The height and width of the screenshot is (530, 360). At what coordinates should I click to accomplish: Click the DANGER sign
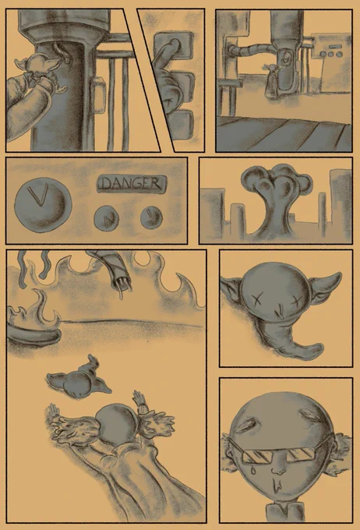click(x=132, y=184)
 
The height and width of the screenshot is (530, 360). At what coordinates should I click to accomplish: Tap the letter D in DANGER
click(x=107, y=184)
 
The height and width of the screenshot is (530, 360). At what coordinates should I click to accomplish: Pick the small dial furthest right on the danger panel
click(x=151, y=217)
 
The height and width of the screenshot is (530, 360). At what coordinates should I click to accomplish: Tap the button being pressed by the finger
click(x=174, y=50)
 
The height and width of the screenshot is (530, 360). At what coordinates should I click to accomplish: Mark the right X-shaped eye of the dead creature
click(x=297, y=301)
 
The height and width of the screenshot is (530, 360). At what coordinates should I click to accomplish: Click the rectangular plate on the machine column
click(x=97, y=94)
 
